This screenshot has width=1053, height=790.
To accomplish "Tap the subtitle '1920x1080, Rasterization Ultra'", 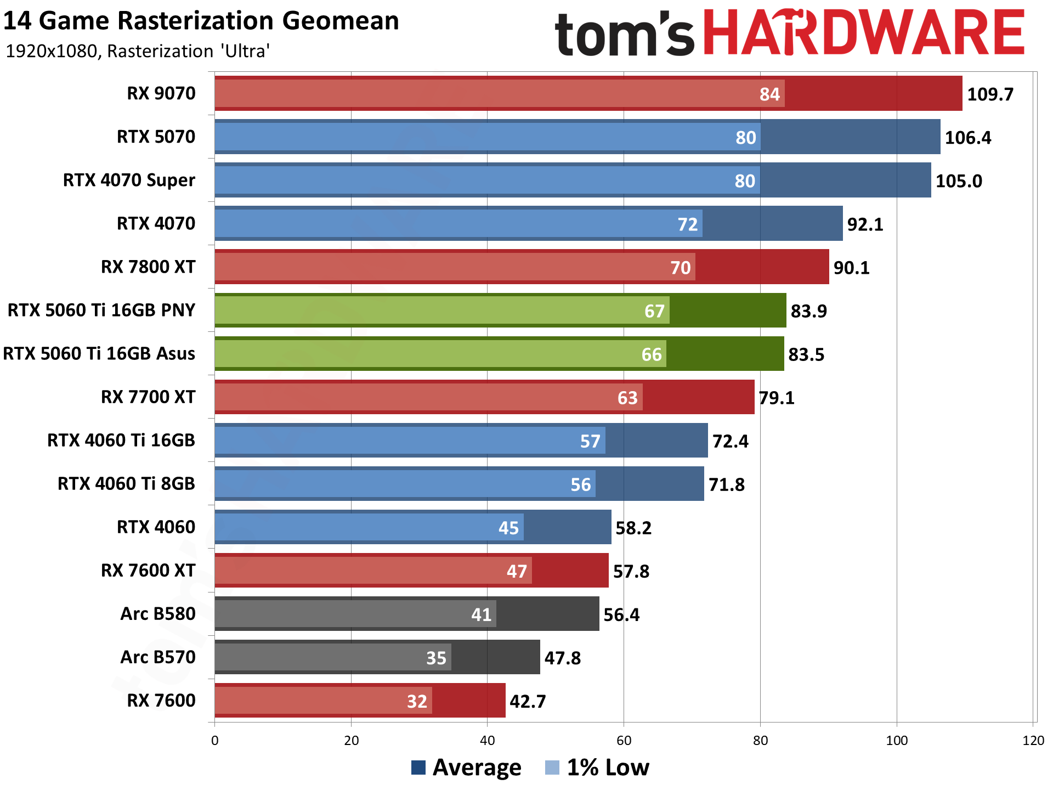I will pos(137,52).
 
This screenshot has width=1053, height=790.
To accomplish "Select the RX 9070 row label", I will pos(161,94).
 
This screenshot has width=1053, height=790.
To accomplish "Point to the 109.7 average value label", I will pos(990,94).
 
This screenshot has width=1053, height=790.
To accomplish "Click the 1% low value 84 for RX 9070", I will pos(769,94).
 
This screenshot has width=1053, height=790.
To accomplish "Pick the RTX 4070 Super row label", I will pos(129,180).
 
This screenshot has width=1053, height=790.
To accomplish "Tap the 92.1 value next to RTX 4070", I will pos(865,224).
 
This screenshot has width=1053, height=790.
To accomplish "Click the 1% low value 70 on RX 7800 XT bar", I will pos(680,268).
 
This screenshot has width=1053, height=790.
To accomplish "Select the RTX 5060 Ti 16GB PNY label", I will pos(101,311).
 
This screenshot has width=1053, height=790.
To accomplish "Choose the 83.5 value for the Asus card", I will pos(806,354).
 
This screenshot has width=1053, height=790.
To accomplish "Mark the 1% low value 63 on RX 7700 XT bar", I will pos(627,398).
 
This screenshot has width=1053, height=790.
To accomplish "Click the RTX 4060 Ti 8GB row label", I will pos(126,484).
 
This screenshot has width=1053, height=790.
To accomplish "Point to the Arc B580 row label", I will pos(157,614).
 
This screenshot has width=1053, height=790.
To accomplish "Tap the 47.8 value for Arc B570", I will pos(562,658).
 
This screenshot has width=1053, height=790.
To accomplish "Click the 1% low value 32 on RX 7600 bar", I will pos(417,701).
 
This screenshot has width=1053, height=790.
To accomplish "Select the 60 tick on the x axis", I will pos(624,741).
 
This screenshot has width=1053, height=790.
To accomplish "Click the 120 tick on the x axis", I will pos(1033,741).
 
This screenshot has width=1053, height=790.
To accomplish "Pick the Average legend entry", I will pos(466,768).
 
